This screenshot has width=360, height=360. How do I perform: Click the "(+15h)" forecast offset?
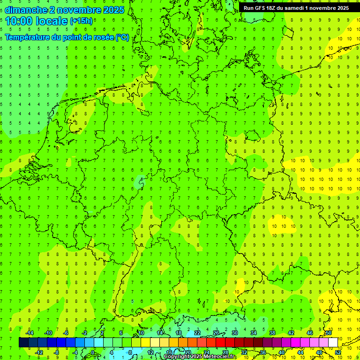[x=81, y=21]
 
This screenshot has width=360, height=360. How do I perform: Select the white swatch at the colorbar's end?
[x=333, y=343]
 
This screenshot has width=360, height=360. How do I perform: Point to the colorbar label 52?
[x=338, y=352]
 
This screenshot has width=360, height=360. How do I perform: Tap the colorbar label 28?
[x=225, y=352]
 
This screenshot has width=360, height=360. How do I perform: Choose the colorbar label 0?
[x=93, y=352]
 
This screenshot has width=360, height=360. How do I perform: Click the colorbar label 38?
[x=272, y=333]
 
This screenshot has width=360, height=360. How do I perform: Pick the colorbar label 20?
[x=188, y=352]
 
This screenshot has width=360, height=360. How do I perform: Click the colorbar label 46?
[x=310, y=333]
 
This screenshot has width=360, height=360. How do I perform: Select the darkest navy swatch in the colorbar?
[x=23, y=343]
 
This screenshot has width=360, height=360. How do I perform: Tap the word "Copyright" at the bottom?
[x=178, y=357]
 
